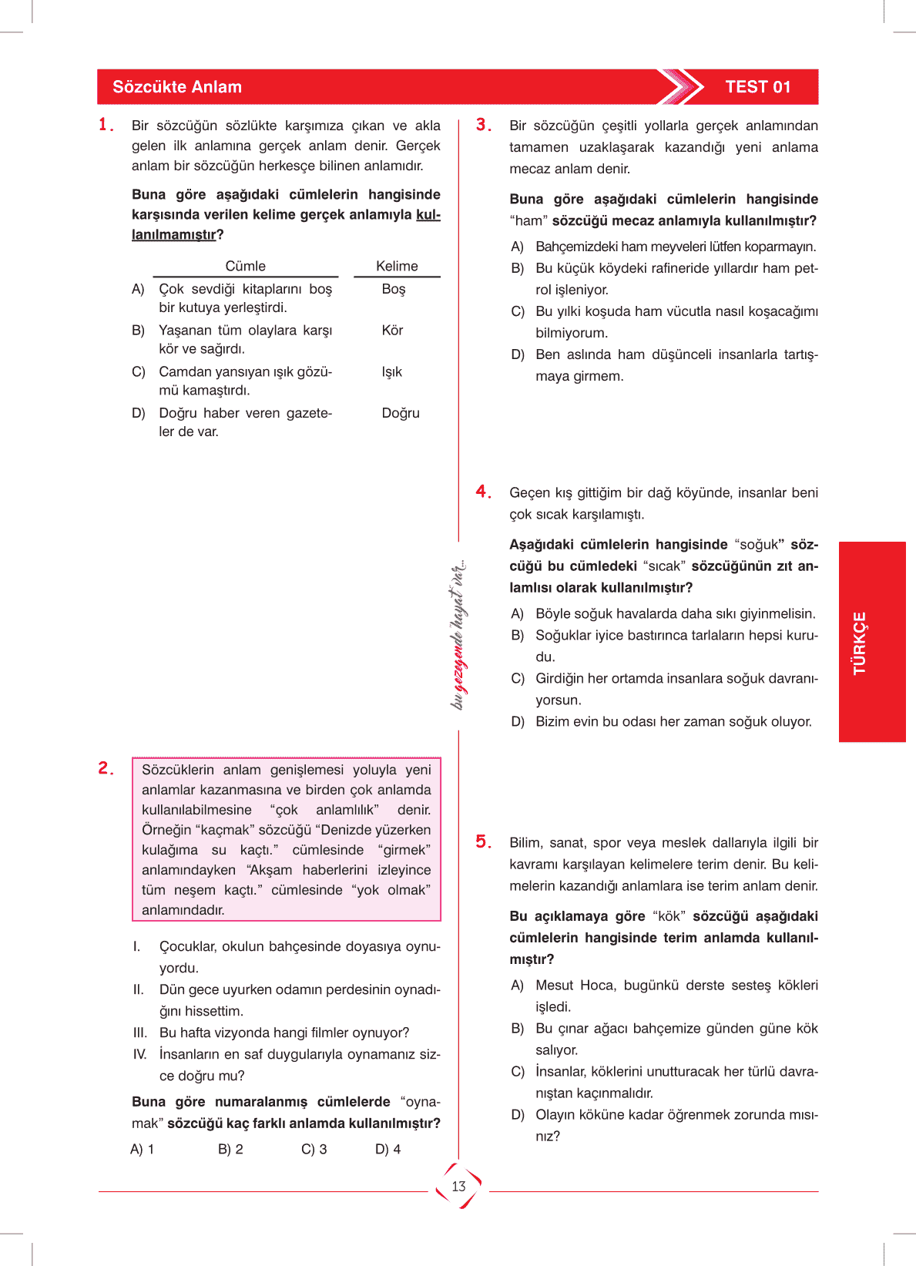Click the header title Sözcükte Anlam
coord(177,87)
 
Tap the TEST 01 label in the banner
coord(758,87)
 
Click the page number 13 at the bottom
coord(459,1187)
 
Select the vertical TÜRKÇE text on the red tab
coord(860,643)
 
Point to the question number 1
coord(106,125)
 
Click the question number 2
coord(106,768)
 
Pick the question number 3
coord(483,125)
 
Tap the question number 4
coord(483,492)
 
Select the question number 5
coord(483,841)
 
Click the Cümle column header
coord(245,266)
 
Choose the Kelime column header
coord(397,266)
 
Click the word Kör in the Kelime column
coord(392,331)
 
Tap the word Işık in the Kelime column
coord(391,372)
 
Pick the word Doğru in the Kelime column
coord(401,413)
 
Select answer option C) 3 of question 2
coord(314,1149)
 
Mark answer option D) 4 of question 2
coord(388,1149)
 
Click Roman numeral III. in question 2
coord(140,1033)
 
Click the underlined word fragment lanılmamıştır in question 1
coord(173,234)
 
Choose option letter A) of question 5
coord(517,986)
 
